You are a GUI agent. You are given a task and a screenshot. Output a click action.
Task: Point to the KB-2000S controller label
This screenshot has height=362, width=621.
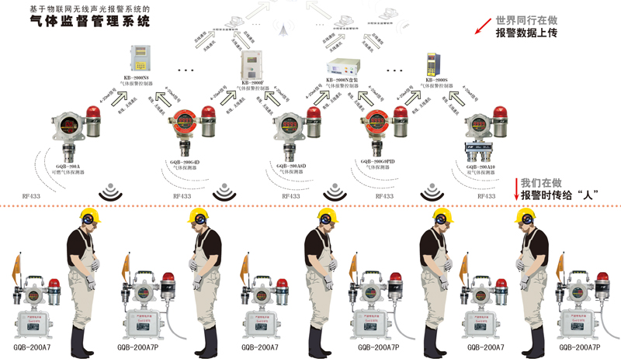click(438, 79)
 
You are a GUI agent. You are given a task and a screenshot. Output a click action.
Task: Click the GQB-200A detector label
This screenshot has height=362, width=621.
click(68, 165)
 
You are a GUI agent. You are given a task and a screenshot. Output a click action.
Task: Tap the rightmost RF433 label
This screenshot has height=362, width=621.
click(487, 197)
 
